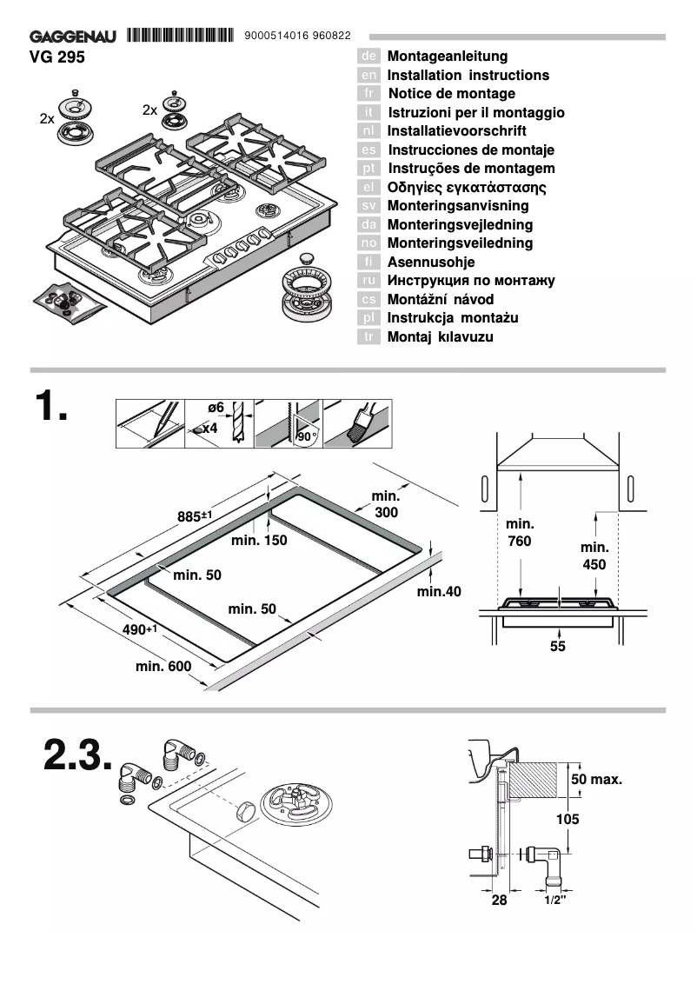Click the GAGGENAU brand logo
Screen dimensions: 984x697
tap(76, 37)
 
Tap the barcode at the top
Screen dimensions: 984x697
tap(181, 36)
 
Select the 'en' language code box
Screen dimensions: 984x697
tap(368, 76)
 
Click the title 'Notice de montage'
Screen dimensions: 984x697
tap(451, 94)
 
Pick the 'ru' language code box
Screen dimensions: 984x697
tap(368, 281)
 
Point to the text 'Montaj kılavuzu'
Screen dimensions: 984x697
tap(440, 337)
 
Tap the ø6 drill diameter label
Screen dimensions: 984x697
tap(216, 407)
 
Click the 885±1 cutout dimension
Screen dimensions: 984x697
tap(195, 516)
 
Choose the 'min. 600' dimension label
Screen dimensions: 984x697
tap(163, 667)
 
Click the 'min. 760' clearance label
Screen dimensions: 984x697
tap(520, 532)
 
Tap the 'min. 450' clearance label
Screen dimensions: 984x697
tap(594, 555)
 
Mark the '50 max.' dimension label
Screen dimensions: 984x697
tap(597, 779)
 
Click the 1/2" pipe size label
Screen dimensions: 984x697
tap(555, 901)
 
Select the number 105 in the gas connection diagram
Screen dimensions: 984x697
tap(568, 819)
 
